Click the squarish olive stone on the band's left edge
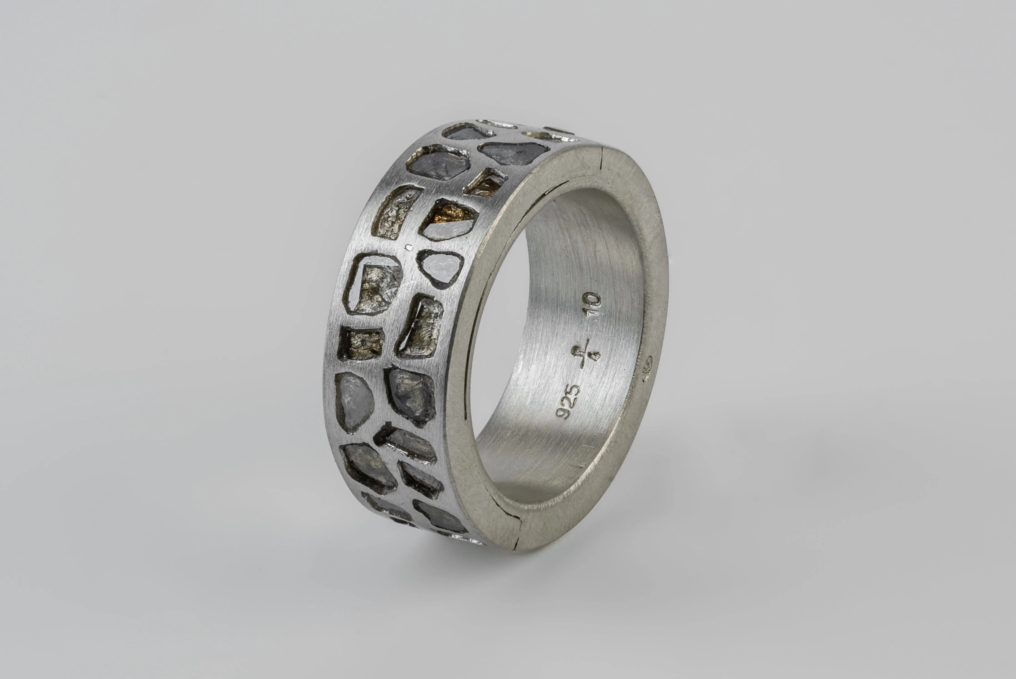361,344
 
